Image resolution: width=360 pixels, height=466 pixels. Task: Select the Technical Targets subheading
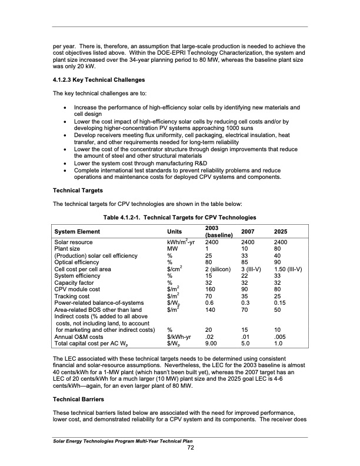click(77, 191)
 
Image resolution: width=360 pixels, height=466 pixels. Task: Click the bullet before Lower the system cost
click(64, 162)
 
